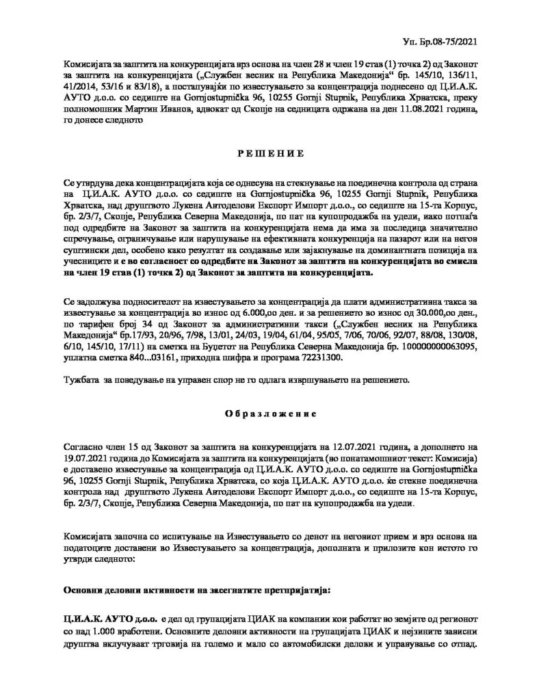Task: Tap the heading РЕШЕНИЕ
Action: point(270,154)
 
